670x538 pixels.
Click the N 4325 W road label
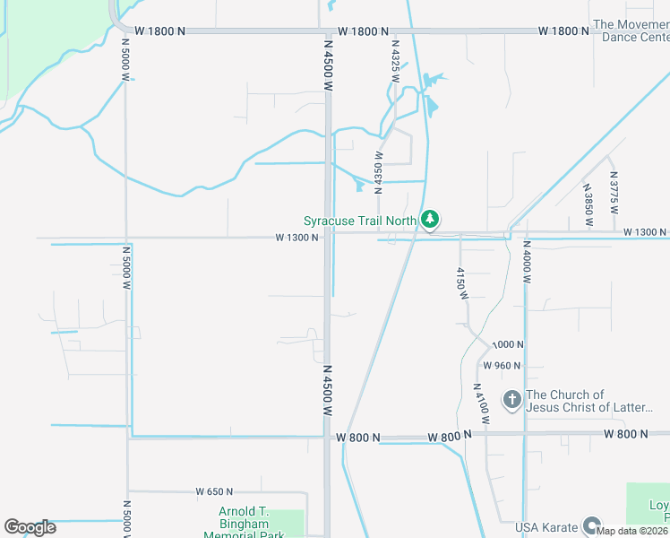pos(394,61)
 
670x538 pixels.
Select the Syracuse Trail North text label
pos(359,220)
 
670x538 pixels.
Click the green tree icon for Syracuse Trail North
pos(430,219)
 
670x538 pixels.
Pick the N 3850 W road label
pos(588,204)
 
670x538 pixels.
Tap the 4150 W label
pos(462,283)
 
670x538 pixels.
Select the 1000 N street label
pos(507,344)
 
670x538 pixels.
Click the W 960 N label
pos(502,365)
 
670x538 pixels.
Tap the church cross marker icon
pos(512,400)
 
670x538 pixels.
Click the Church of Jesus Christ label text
pos(590,401)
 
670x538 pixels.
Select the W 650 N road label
pos(214,491)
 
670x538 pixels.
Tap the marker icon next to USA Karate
pos(591,525)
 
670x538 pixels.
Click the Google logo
pos(30,527)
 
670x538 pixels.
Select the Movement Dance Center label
pos(631,31)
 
